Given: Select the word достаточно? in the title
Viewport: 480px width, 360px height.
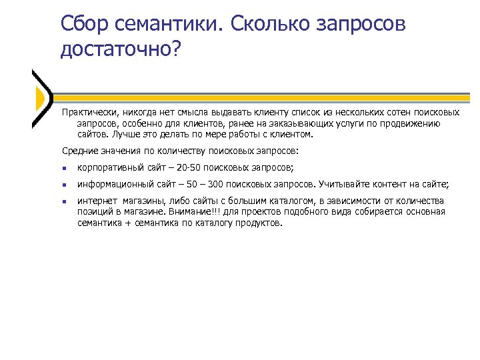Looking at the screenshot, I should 121,51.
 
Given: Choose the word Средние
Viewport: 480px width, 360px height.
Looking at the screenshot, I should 77,151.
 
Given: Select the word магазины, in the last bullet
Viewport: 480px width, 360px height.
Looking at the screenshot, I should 143,201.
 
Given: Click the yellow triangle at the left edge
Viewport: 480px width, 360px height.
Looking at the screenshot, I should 39,99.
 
